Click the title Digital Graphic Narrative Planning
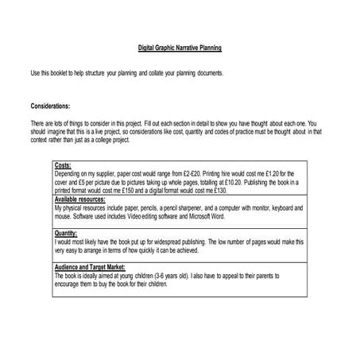coord(180,48)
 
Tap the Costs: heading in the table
coord(64,165)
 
